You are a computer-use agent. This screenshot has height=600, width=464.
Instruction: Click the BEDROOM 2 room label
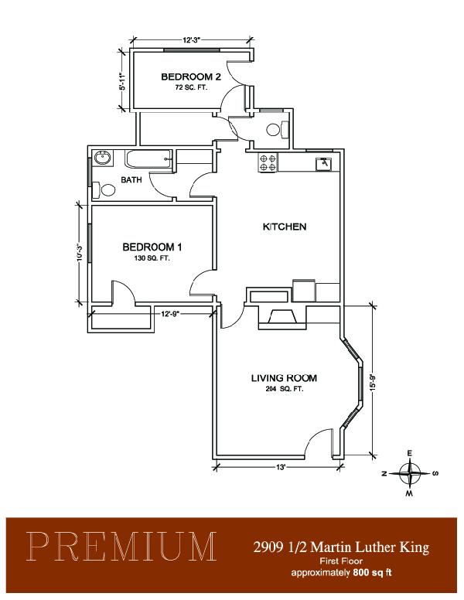[x=191, y=77]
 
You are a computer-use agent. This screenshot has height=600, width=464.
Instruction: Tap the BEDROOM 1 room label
[x=152, y=247]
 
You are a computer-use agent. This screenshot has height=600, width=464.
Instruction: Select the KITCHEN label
[x=284, y=227]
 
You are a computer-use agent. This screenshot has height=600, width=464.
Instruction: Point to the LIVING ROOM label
[x=284, y=378]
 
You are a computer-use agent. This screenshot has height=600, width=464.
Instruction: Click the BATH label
[x=131, y=179]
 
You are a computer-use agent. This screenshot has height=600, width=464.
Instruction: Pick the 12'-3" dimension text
[x=192, y=39]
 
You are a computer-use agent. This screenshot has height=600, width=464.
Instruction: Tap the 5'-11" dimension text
[x=122, y=81]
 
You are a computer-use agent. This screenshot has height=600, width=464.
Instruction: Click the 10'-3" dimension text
[x=80, y=253]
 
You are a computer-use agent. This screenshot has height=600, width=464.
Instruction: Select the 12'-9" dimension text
[x=170, y=314]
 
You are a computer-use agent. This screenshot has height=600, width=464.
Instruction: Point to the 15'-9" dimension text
[x=374, y=381]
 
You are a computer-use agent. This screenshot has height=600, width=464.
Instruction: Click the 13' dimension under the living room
[x=281, y=467]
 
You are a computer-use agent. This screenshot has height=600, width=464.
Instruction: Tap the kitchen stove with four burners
[x=268, y=162]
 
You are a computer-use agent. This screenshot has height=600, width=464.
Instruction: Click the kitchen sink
[x=324, y=164]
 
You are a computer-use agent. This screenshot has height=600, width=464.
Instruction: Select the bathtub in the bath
[x=148, y=159]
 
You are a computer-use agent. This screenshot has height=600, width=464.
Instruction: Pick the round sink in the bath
[x=103, y=158]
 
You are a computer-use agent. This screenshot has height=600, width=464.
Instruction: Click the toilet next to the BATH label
[x=104, y=189]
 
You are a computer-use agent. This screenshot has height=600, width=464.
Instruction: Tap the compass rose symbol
[x=410, y=473]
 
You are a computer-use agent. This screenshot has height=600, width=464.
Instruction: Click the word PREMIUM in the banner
[x=121, y=547]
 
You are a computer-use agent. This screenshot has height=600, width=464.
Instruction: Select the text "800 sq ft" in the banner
[x=373, y=572]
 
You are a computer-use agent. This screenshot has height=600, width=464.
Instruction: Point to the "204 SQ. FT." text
[x=284, y=389]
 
